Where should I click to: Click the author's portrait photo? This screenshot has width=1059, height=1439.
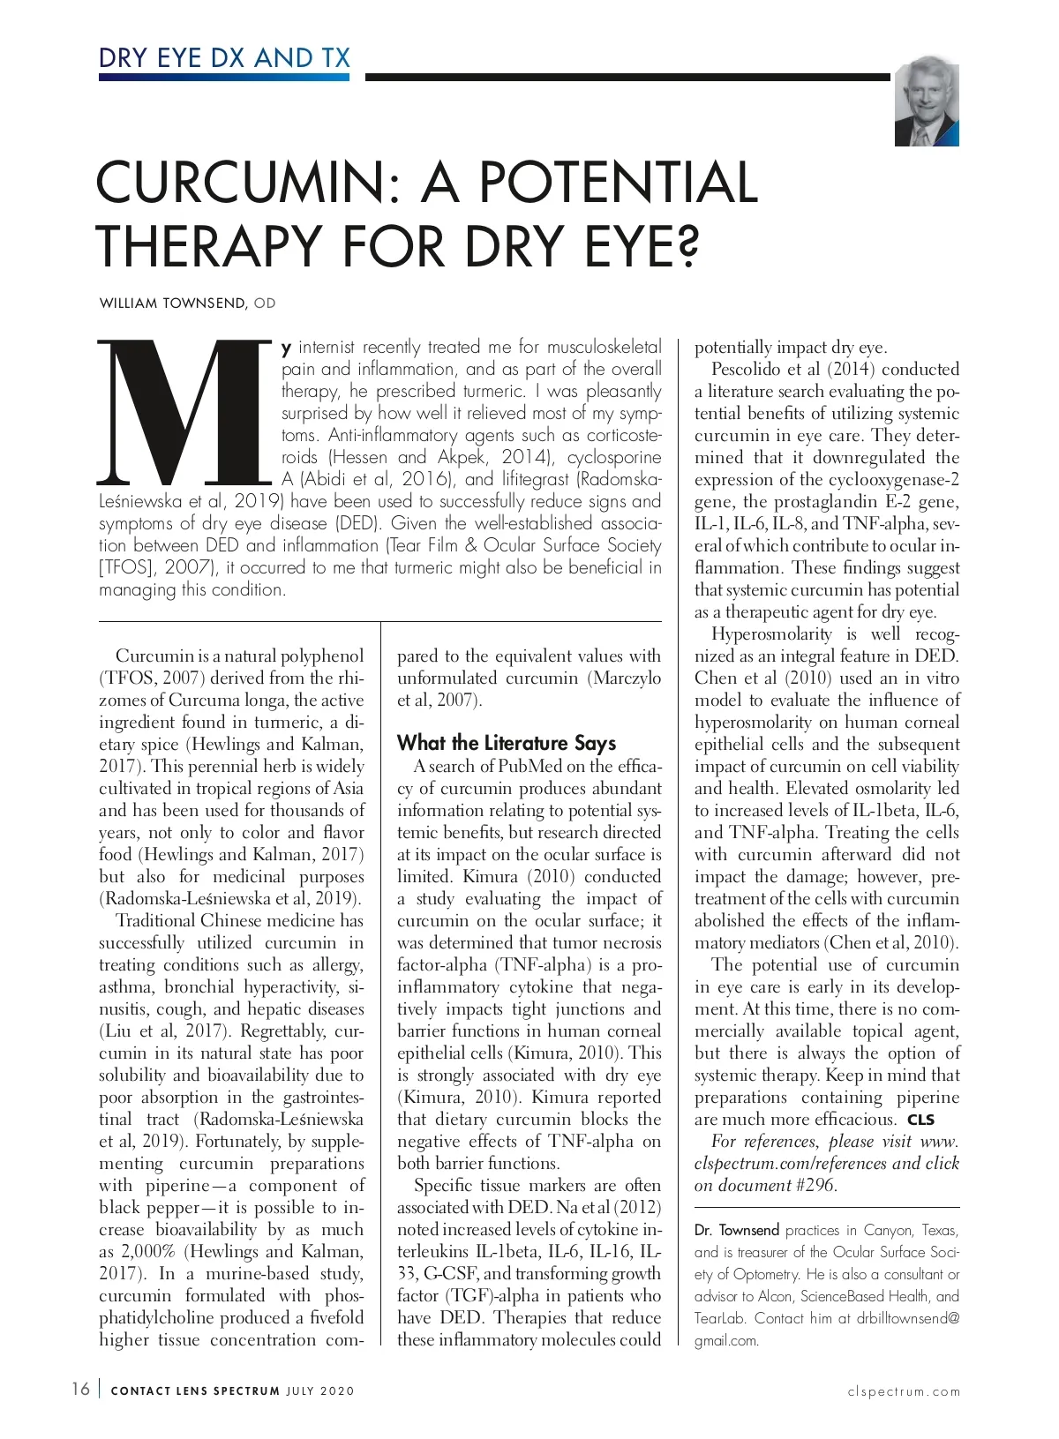926,102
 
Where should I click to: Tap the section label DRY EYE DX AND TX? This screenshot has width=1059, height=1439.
224,58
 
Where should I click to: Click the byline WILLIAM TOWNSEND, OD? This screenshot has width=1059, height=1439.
187,304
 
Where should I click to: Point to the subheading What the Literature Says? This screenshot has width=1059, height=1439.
506,743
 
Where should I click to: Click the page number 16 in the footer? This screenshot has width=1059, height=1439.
80,1390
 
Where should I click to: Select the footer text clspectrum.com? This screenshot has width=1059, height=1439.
903,1391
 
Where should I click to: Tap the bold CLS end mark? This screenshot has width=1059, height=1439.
920,1120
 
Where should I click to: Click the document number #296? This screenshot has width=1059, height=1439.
814,1185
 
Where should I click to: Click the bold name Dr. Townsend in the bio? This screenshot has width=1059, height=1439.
736,1230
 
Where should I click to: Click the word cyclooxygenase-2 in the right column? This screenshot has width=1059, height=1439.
892,479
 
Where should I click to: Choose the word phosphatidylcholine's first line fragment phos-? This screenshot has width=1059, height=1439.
343,1295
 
